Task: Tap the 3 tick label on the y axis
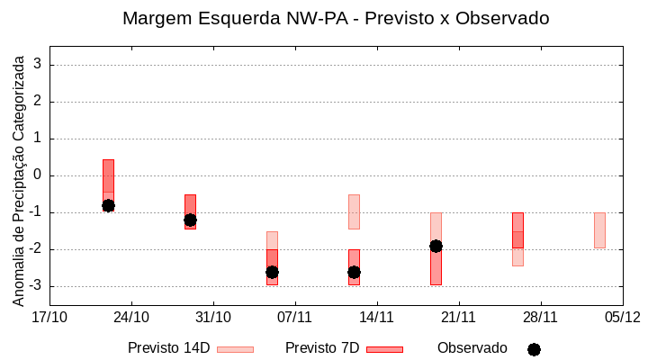39,65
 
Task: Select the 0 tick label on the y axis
39,175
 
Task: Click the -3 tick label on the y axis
36,286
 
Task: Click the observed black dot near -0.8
108,205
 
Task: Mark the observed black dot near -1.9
436,246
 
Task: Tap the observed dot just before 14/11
354,272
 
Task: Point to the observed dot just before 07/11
272,272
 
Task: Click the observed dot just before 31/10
190,220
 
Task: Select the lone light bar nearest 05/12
599,230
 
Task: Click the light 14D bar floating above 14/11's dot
354,211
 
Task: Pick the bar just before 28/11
517,230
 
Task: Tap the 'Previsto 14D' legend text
169,347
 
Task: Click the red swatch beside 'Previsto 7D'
384,349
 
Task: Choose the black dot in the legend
534,349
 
